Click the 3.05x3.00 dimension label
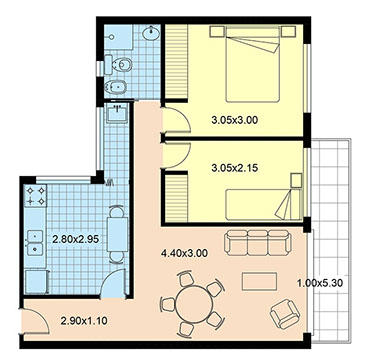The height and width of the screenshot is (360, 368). coord(235,120)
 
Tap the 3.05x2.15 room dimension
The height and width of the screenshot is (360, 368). coord(235,168)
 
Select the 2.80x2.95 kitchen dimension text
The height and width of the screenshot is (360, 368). coord(76,239)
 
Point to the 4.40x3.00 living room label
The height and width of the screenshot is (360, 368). coord(184,253)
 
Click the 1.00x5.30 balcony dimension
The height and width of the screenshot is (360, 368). coord(320,284)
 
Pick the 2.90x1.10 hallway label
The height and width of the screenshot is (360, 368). coord(84,321)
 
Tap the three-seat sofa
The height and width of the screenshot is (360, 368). coord(257,242)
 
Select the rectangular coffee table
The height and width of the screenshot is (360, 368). coord(259,282)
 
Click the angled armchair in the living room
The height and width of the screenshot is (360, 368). coord(285,313)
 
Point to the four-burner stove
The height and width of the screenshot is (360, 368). coord(36,196)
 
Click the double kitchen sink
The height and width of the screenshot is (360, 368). coord(35,243)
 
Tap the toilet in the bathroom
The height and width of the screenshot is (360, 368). coord(118,65)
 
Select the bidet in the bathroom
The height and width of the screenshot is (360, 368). coord(116,87)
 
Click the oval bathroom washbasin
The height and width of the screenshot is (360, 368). coord(152,33)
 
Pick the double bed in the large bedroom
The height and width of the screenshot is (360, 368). coord(252,64)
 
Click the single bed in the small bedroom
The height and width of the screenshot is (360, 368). coord(264,205)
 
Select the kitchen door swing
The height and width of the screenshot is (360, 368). coord(113,283)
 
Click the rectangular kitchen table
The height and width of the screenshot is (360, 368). coord(117,234)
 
